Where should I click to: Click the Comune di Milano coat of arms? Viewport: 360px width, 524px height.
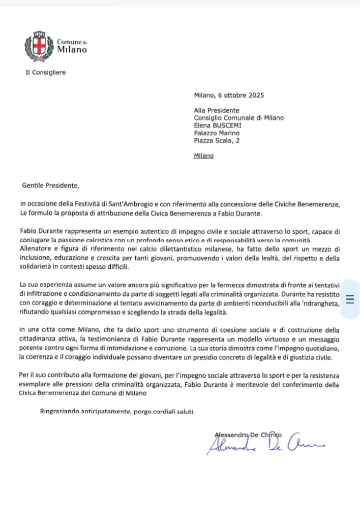[39, 46]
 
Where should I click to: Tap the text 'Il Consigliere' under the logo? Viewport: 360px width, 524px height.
[45, 72]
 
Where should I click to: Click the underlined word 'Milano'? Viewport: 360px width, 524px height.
[204, 156]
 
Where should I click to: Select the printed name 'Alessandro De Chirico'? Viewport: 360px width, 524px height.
[249, 434]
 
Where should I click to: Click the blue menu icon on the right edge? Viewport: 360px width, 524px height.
[349, 299]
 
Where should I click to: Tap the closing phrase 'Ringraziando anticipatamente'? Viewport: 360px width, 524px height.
[86, 411]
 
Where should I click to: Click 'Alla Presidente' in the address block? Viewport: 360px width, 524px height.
[216, 110]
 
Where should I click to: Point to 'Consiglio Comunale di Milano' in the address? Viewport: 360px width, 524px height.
[238, 118]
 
